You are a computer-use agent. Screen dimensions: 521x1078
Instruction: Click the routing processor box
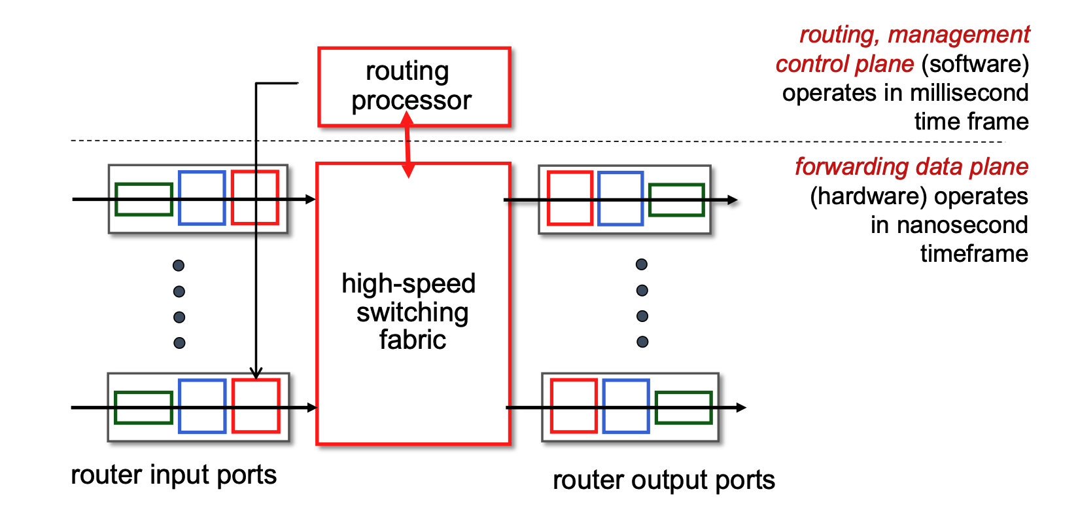pos(413,86)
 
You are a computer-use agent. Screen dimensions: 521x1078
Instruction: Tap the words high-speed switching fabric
pos(410,312)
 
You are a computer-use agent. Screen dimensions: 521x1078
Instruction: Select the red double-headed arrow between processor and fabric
pos(408,145)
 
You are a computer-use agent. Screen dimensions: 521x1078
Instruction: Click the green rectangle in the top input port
pos(144,200)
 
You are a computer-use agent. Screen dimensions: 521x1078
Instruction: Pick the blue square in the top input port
pos(202,198)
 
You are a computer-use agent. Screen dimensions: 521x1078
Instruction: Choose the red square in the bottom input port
pos(256,406)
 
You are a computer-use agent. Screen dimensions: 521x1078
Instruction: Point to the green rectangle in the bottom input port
pos(144,408)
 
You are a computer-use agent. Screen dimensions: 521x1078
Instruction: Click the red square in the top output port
pos(570,198)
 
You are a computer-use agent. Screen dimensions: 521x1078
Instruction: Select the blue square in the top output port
pos(620,198)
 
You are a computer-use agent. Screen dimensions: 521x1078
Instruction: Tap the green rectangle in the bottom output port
pos(683,408)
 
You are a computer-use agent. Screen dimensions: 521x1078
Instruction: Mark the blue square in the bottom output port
pos(625,406)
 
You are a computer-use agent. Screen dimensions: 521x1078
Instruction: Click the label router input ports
pos(173,475)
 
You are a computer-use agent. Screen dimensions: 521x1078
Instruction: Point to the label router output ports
pos(663,480)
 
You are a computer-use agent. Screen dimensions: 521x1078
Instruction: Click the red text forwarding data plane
pos(911,167)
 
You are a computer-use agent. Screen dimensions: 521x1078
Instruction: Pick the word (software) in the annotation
pos(975,64)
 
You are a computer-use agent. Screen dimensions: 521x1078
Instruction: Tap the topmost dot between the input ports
pos(179,265)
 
